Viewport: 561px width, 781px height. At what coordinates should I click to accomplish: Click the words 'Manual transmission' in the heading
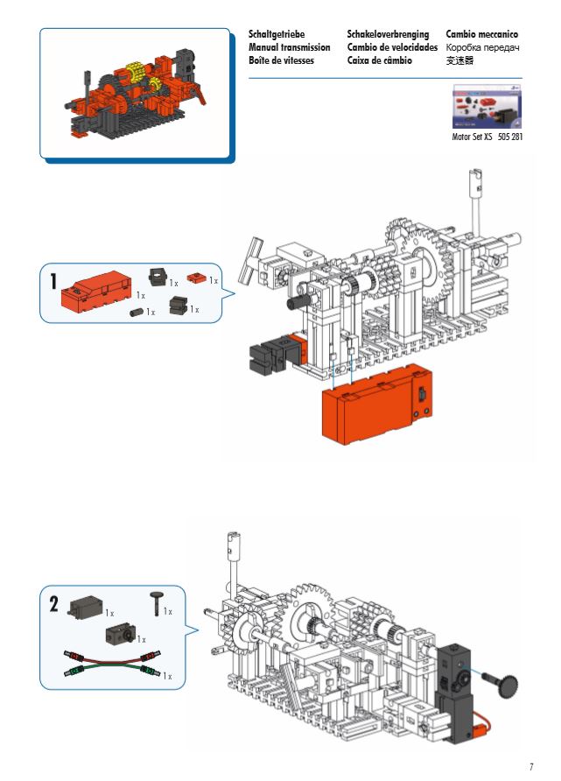pos(289,47)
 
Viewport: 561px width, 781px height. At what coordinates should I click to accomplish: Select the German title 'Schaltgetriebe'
pos(277,34)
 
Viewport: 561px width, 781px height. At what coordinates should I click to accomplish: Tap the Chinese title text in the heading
pos(459,60)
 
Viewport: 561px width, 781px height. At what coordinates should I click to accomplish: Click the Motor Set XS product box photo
pos(486,108)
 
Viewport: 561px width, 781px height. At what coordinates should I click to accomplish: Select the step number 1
pos(53,282)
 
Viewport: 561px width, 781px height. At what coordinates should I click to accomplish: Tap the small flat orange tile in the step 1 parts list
pos(197,279)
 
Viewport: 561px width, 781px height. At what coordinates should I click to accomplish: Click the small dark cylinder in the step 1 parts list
pos(137,312)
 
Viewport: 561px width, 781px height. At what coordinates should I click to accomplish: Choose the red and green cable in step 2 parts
pos(108,665)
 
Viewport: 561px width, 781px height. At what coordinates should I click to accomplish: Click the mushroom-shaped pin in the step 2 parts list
pos(156,603)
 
